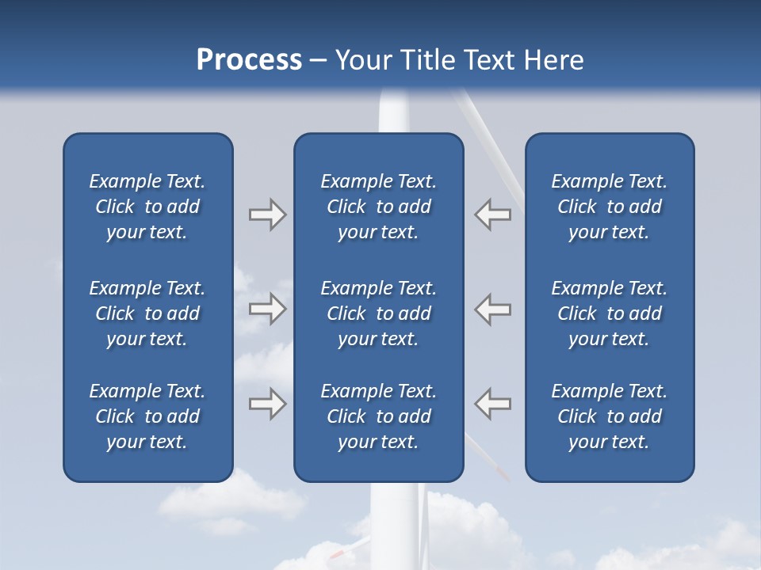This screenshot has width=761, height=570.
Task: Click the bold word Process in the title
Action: tap(249, 60)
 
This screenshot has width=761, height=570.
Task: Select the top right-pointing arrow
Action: tap(267, 215)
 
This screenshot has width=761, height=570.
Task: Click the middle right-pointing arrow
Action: tap(267, 308)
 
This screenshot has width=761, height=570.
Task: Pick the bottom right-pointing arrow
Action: tap(267, 404)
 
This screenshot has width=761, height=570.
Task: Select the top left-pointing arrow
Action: tap(492, 215)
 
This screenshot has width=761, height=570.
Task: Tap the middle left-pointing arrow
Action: tap(492, 308)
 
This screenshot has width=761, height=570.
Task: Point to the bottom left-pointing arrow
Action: tap(492, 404)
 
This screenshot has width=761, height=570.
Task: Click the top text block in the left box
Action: tap(147, 207)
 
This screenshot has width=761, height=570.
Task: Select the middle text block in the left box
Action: tap(147, 313)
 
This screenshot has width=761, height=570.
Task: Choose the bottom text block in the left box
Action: tap(147, 416)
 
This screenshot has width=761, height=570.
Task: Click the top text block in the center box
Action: tap(378, 207)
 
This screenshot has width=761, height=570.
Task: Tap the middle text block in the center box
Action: tap(378, 313)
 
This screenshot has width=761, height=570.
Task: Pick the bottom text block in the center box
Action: tap(378, 416)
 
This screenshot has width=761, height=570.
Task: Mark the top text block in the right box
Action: tap(609, 207)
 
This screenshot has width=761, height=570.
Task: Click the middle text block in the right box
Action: tap(609, 313)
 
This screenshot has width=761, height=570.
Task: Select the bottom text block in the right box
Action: tap(609, 416)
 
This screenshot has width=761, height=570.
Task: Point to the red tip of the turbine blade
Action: tap(502, 473)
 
